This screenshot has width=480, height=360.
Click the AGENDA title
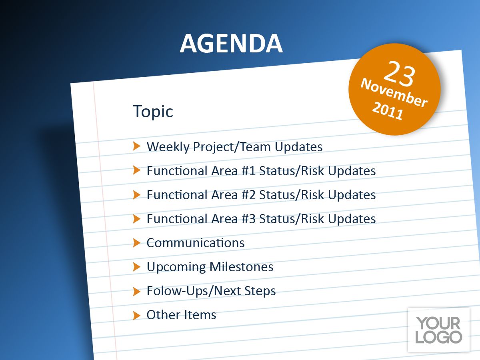coord(231,43)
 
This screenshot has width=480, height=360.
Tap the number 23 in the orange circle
coord(399,74)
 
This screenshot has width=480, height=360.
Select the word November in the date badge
coord(394,93)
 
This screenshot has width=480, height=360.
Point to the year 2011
coord(388,111)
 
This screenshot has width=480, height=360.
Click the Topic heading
coord(153,112)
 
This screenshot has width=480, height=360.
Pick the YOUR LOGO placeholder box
coord(439,330)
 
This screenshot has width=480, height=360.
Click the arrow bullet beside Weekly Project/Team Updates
coord(136,146)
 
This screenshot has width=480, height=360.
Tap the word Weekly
coord(168,147)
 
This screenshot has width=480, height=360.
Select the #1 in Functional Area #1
coord(248,171)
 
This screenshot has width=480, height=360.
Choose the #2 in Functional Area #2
coord(248,195)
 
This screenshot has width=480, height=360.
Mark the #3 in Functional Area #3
coord(248,219)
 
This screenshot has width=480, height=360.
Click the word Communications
coord(196,243)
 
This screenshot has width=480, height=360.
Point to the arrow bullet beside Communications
coord(136,243)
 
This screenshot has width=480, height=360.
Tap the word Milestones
coord(242,267)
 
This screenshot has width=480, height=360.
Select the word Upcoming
coord(176,267)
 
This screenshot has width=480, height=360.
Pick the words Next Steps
coord(245,291)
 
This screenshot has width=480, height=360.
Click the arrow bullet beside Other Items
coord(136,315)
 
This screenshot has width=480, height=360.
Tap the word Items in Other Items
coord(200,315)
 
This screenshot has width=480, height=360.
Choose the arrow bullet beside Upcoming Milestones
coord(136,267)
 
